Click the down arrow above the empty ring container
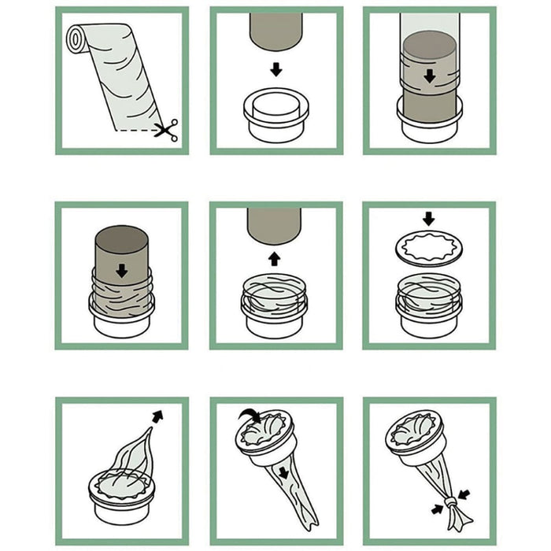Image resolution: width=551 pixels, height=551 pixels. click(x=275, y=69)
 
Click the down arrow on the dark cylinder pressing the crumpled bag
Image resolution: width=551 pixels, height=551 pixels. click(x=121, y=271)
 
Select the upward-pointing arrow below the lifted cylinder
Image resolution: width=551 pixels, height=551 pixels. click(x=275, y=257)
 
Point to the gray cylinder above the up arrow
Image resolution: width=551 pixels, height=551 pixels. click(x=275, y=224)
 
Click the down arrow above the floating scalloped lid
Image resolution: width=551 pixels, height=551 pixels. click(x=429, y=217)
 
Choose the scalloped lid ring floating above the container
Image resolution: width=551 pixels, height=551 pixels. click(x=429, y=246)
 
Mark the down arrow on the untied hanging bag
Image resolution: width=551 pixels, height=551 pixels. click(x=282, y=472)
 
